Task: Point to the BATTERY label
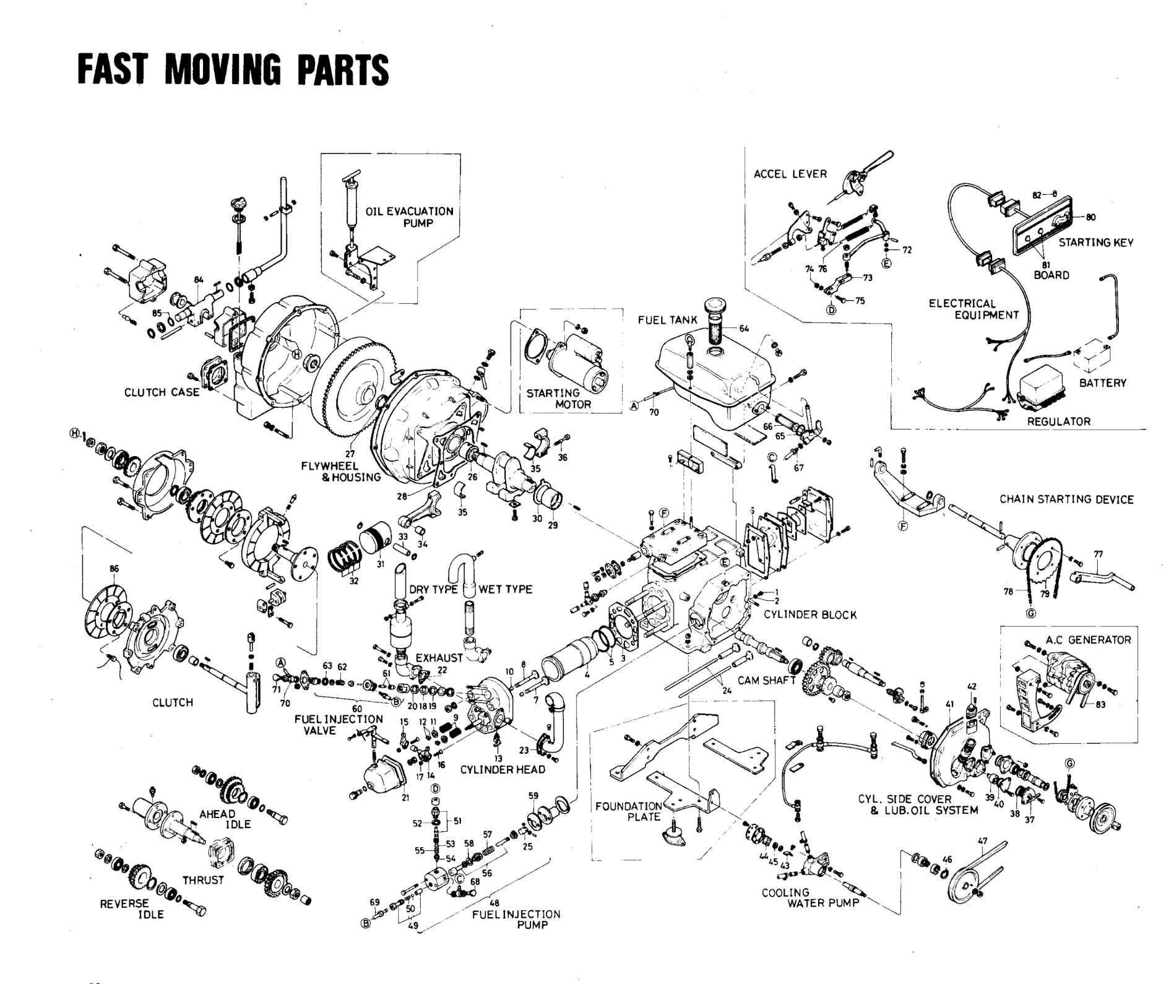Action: (1102, 382)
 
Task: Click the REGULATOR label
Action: (1058, 421)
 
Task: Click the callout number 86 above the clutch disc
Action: (114, 568)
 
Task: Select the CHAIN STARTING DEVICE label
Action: (1066, 499)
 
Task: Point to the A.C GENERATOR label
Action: (1088, 640)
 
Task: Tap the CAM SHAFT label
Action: (766, 680)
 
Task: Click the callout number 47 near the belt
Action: (982, 840)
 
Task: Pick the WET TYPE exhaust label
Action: (505, 589)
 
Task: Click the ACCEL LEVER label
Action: (790, 174)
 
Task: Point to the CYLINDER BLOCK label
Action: (810, 615)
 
